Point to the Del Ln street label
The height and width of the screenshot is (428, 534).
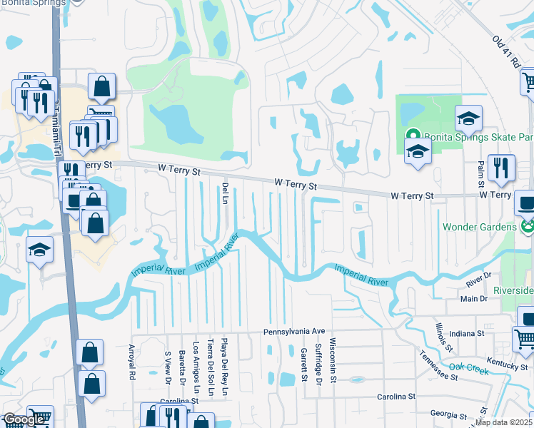pos(223,191)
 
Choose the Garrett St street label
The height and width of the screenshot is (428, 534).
pos(303,363)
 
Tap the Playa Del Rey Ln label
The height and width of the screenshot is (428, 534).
pos(224,367)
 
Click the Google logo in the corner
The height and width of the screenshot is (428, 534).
pos(24,419)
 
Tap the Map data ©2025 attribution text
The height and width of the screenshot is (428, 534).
pos(503,422)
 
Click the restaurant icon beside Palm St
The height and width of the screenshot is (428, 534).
pos(501,168)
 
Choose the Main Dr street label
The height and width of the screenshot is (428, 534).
pos(474,298)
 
